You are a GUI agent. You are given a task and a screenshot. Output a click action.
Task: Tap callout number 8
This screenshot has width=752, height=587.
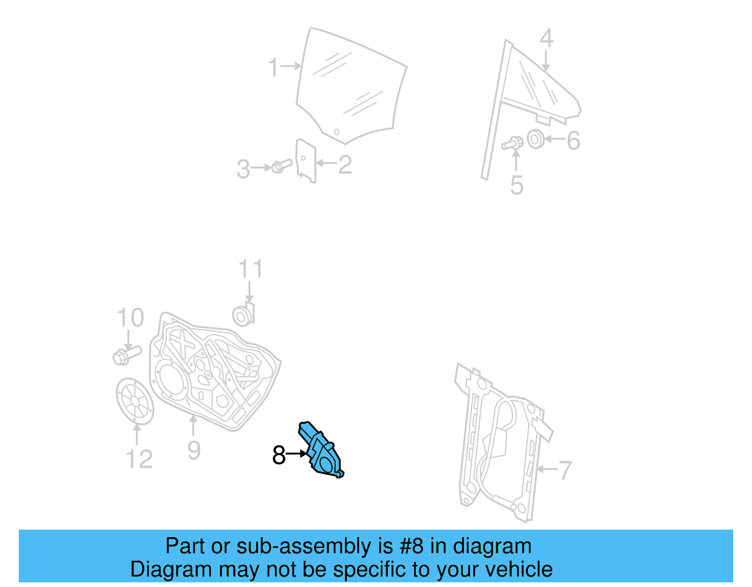(x=279, y=455)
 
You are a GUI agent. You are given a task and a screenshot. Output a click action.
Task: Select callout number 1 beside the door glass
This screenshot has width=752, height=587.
(x=273, y=67)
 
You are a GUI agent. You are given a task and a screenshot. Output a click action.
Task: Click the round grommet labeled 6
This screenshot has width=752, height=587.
(x=535, y=139)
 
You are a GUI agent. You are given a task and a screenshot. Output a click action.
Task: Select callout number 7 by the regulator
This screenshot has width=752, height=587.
(x=564, y=470)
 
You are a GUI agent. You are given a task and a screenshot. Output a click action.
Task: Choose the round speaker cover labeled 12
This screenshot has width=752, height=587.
(x=135, y=401)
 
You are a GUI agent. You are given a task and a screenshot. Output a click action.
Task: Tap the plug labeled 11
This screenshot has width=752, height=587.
(x=243, y=315)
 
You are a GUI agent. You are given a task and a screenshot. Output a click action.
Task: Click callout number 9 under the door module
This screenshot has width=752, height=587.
(x=194, y=450)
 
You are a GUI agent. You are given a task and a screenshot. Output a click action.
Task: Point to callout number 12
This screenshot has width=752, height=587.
(x=139, y=459)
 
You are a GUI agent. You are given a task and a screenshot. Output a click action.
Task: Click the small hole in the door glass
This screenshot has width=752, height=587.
(x=337, y=131)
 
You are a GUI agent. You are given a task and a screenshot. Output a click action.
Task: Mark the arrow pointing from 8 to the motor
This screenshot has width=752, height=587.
(x=297, y=454)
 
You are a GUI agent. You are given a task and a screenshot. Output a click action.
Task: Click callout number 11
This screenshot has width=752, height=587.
(x=250, y=269)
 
